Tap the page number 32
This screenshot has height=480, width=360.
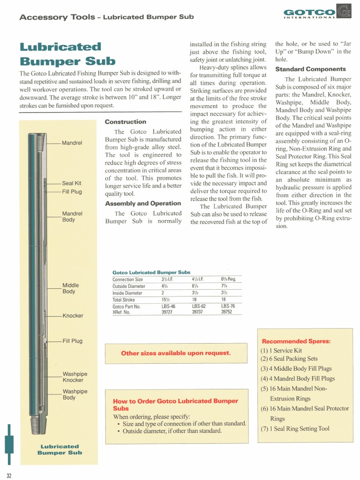pos(9,476)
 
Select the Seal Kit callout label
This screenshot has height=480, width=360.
pos(72,183)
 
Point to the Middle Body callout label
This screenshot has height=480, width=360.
pos(71,288)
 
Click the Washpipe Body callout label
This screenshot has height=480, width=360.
pos(75,394)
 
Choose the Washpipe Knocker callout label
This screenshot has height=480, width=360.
pos(75,377)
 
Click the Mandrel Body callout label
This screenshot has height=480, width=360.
pos(72,217)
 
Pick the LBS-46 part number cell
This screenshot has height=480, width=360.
pos(168,306)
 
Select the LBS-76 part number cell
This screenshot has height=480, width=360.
pos(228,306)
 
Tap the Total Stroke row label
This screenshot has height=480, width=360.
pos(123,300)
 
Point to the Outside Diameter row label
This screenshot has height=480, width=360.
pos(128,286)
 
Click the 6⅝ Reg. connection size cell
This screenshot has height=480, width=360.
pos(228,279)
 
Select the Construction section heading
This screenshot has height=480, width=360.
pos(125,122)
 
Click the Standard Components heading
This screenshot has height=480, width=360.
pos(310,69)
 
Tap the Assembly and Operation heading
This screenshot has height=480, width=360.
pos(142,203)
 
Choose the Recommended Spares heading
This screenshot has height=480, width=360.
pos(296,341)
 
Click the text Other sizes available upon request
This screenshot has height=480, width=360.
pos(176,353)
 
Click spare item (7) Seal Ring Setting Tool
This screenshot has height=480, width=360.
pos(295,428)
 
